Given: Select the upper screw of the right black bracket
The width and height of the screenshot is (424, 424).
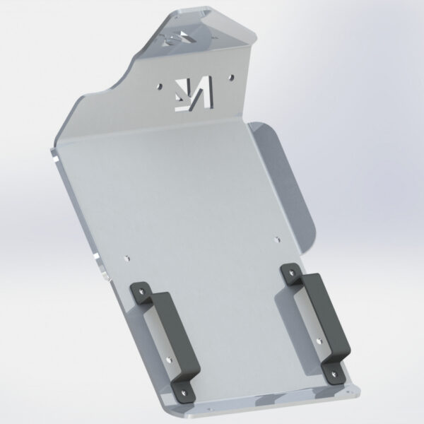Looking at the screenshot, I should click(x=289, y=269).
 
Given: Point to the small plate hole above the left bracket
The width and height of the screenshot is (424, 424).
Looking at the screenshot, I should click(x=127, y=257).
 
